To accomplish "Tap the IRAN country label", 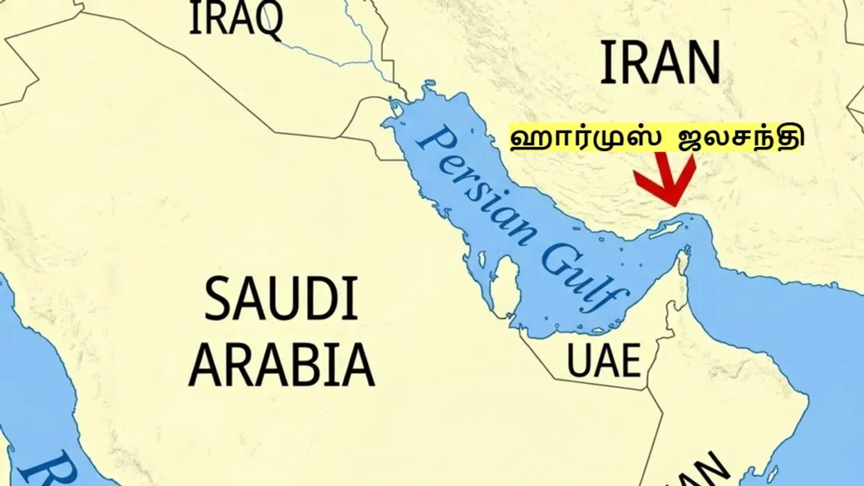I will click(x=661, y=62).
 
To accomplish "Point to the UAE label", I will click(x=603, y=361).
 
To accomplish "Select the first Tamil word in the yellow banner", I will click(x=583, y=138).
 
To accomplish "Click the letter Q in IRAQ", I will click(x=269, y=20).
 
